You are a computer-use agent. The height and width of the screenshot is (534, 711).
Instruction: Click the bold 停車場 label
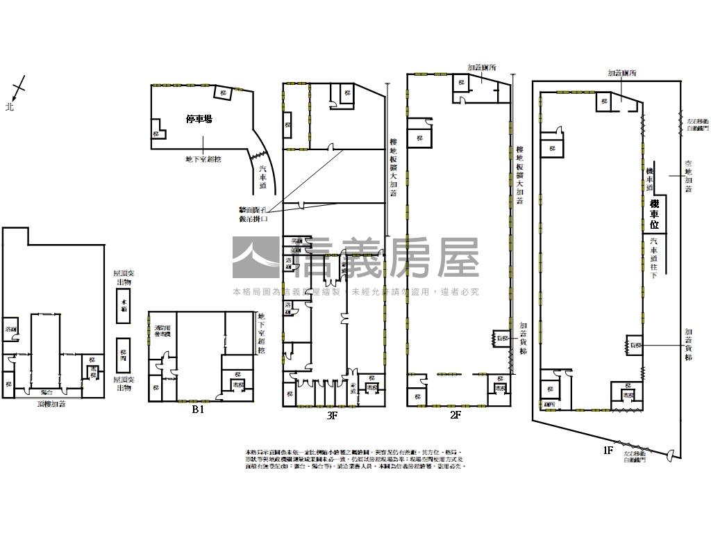(x=199, y=120)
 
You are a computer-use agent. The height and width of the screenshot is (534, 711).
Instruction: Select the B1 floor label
(x=199, y=410)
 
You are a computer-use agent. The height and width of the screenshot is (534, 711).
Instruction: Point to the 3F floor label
(x=332, y=416)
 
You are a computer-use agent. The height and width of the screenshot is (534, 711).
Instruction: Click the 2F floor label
(x=455, y=415)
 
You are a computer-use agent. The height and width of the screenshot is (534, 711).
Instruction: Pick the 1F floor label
(x=608, y=451)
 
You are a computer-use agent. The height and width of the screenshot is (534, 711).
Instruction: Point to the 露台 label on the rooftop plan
(x=48, y=392)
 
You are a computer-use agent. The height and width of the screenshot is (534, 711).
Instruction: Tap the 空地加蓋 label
(x=688, y=176)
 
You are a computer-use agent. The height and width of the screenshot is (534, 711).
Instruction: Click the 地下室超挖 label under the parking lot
(x=203, y=159)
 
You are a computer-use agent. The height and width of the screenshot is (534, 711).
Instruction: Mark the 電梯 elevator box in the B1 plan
(x=238, y=385)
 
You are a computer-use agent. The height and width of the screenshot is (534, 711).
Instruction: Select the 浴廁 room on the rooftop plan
(x=11, y=329)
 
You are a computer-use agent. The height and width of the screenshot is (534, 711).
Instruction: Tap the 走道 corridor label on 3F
(x=353, y=389)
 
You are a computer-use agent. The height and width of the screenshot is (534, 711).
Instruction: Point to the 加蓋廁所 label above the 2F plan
(x=481, y=68)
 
